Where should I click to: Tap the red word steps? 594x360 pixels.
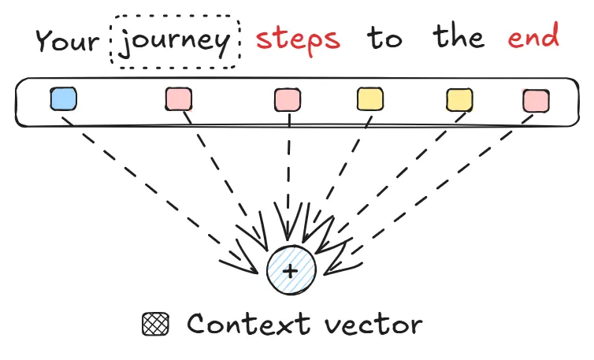(299, 39)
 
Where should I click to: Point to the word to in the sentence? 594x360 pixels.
(384, 39)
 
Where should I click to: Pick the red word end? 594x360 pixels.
(533, 37)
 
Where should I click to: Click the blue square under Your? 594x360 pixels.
(63, 99)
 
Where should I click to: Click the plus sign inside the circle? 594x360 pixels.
(291, 271)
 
